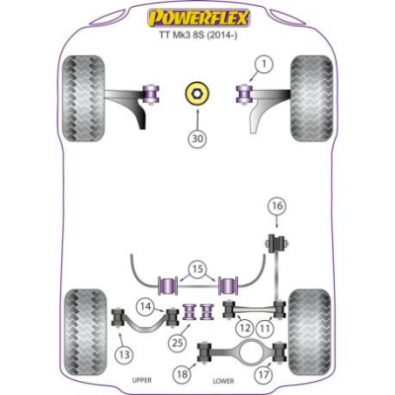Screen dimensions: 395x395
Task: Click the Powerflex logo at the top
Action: click(x=198, y=19)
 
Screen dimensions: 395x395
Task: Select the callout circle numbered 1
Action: click(x=264, y=65)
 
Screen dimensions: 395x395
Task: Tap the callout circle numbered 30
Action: click(x=197, y=139)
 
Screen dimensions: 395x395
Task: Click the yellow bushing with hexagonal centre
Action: click(x=197, y=93)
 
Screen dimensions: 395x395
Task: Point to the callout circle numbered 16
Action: click(x=276, y=206)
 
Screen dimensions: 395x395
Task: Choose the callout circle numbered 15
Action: click(x=197, y=270)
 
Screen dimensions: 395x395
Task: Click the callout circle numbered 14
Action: click(x=146, y=306)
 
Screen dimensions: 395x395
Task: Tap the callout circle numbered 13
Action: click(x=124, y=355)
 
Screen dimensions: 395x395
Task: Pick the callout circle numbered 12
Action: click(x=245, y=328)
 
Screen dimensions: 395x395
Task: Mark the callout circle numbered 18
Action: click(x=182, y=374)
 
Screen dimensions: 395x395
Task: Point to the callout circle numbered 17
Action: click(x=264, y=374)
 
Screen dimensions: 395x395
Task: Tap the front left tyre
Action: click(x=83, y=99)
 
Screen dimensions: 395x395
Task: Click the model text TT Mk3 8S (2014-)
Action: click(x=198, y=36)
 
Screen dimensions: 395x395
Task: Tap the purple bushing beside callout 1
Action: click(x=244, y=94)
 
